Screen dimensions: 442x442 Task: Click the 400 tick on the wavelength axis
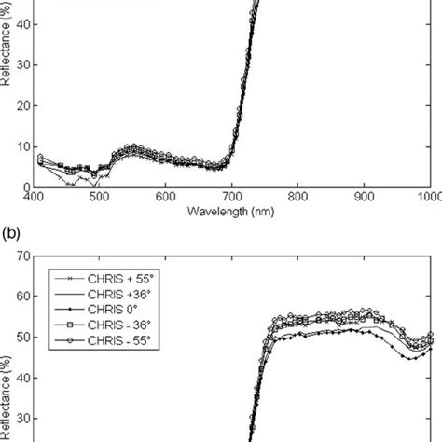34,197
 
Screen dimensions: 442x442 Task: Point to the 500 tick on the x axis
99,197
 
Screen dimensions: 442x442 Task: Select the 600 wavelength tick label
166,197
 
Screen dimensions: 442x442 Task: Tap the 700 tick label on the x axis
232,197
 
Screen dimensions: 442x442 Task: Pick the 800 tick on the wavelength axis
298,197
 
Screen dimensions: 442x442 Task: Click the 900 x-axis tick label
365,197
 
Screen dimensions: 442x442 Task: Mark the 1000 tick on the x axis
428,197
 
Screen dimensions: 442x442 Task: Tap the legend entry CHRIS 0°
94,307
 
